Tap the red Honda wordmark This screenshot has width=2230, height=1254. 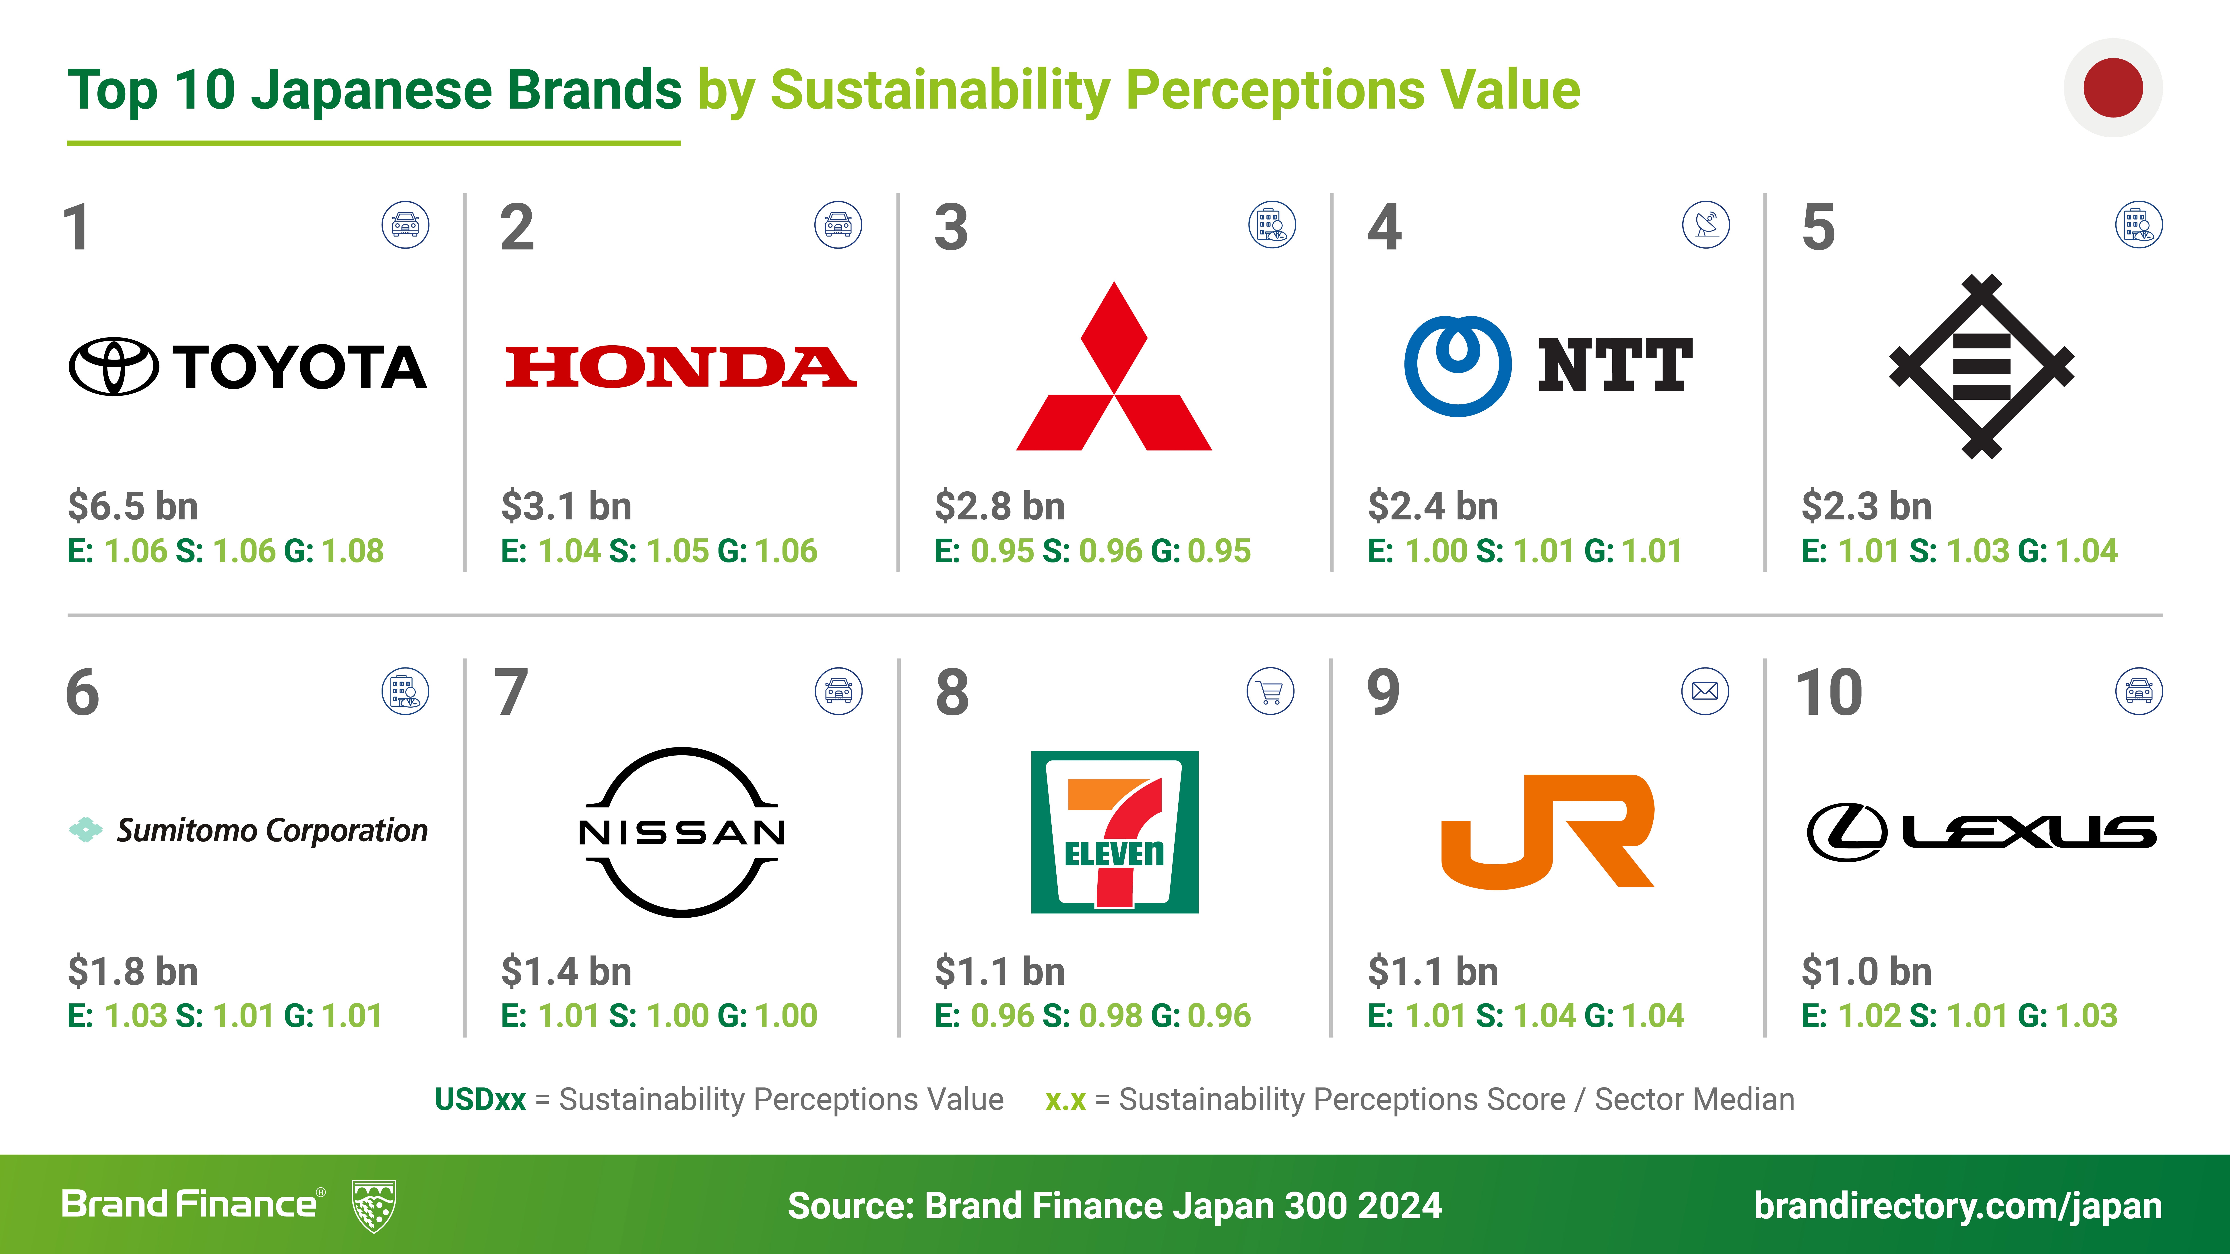681,367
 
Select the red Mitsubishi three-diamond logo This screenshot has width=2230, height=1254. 1114,366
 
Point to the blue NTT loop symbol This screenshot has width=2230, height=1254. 1458,366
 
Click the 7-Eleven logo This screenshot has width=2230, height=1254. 1115,832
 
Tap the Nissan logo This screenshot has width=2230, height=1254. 682,832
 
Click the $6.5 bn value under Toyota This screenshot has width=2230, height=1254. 133,506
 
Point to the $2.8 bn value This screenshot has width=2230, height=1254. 1000,506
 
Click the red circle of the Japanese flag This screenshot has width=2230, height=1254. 2113,87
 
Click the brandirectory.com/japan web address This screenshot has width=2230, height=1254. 1958,1206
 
